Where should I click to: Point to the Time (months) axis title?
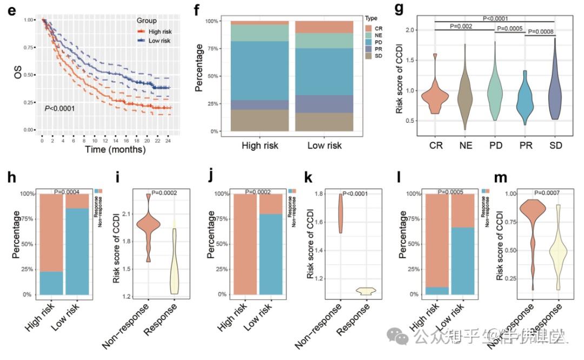coord(115,149)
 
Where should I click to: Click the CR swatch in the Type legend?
coord(368,28)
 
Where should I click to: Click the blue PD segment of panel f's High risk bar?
coord(260,71)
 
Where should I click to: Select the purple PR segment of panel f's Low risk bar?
coord(324,104)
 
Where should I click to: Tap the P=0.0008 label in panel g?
coord(540,31)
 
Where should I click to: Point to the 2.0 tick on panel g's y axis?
coord(413,30)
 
